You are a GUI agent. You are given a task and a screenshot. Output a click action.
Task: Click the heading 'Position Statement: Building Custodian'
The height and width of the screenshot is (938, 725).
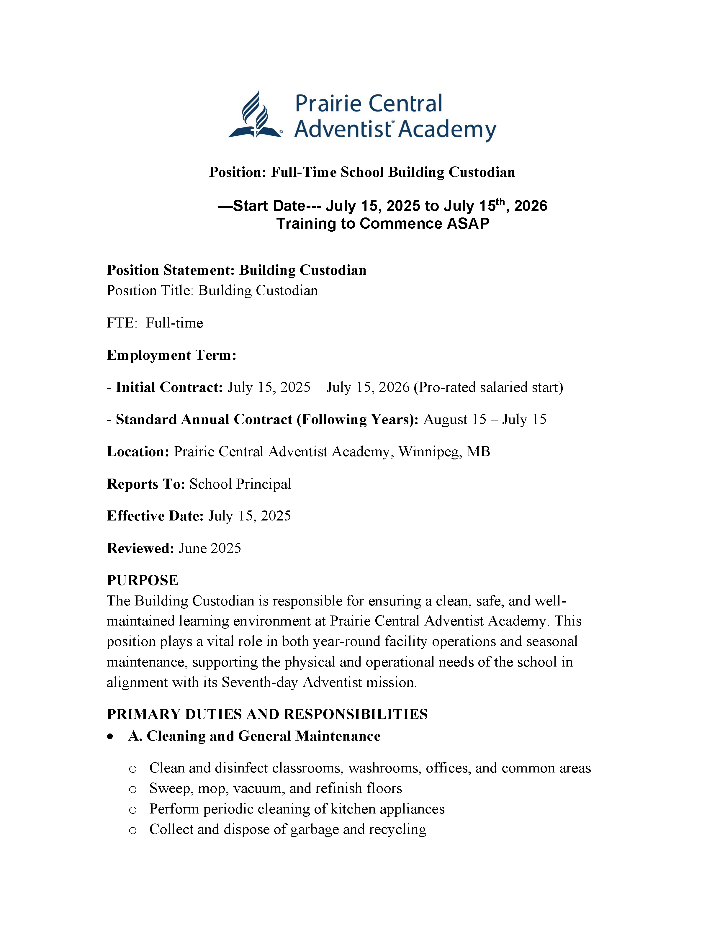tap(236, 270)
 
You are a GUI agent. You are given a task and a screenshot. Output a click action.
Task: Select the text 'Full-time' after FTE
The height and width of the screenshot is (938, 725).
tap(174, 323)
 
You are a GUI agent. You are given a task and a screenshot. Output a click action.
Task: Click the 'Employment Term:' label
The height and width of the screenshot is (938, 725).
tap(171, 355)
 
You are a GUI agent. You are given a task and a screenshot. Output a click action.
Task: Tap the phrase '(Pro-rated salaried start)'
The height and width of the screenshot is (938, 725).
tap(488, 387)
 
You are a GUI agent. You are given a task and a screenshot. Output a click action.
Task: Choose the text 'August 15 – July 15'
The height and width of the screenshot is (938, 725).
tap(485, 420)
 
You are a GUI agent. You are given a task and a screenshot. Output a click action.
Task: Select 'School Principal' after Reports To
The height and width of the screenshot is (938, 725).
tap(240, 484)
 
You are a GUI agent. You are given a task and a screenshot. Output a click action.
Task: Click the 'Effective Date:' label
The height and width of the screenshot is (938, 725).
tap(155, 516)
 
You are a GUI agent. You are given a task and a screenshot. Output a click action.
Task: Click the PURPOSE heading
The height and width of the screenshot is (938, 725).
tap(142, 581)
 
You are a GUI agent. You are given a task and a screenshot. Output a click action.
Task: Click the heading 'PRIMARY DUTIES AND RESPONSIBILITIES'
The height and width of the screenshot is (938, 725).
tap(267, 714)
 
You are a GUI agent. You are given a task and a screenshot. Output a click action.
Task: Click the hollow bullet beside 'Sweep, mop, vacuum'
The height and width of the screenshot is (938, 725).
tap(133, 789)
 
